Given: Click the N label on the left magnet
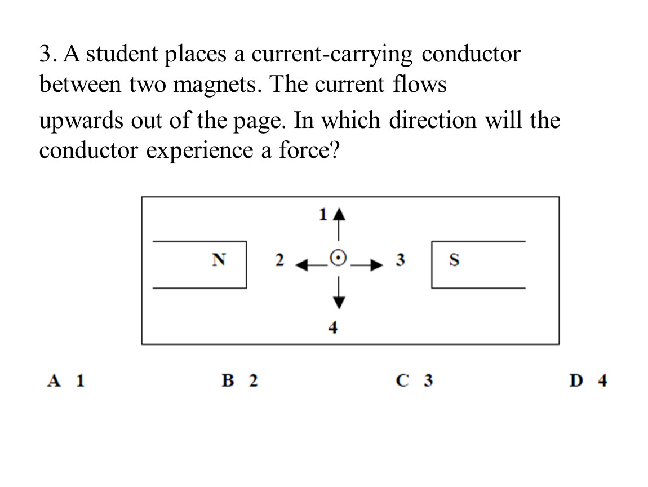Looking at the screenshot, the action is (x=219, y=260).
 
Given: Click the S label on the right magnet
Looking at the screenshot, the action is (x=454, y=260).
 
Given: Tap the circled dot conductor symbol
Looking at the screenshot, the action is (x=338, y=258).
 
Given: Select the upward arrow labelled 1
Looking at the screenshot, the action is (x=339, y=224).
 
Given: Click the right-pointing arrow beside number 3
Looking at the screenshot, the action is (x=367, y=265).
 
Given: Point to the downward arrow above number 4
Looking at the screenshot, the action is (x=339, y=293).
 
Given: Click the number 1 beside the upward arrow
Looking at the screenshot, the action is (x=323, y=215).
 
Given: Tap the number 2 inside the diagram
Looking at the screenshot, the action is (x=280, y=260).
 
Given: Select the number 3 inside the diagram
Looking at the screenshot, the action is (x=400, y=260).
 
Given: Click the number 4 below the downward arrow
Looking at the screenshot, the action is (x=332, y=327).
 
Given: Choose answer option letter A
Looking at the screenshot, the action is (x=54, y=380).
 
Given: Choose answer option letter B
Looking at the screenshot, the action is (x=228, y=380).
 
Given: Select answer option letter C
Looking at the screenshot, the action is (x=402, y=380).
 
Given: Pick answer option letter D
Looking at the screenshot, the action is (x=576, y=380).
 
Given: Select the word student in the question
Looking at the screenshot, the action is (x=122, y=54).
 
